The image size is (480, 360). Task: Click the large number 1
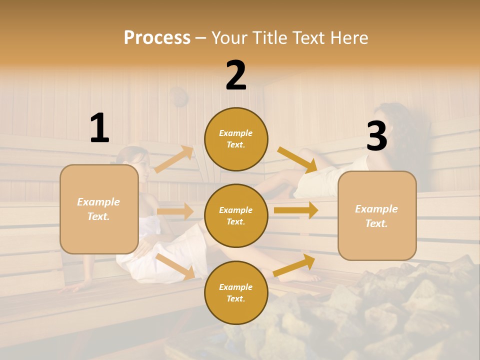99,128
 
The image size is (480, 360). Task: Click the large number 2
236,75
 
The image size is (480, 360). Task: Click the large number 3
376,136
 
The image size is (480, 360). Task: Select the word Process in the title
157,37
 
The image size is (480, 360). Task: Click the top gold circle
236,139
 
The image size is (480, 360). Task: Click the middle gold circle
236,215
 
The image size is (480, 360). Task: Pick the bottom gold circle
236,292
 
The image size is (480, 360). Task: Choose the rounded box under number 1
99,209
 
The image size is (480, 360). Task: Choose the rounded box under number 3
377,215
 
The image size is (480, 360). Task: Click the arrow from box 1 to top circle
174,159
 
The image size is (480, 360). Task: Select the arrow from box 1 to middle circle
175,211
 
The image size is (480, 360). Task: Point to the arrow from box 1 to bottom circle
175,266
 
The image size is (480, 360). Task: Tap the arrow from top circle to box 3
297,159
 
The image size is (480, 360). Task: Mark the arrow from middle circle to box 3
296,210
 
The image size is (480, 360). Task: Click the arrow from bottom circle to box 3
294,265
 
